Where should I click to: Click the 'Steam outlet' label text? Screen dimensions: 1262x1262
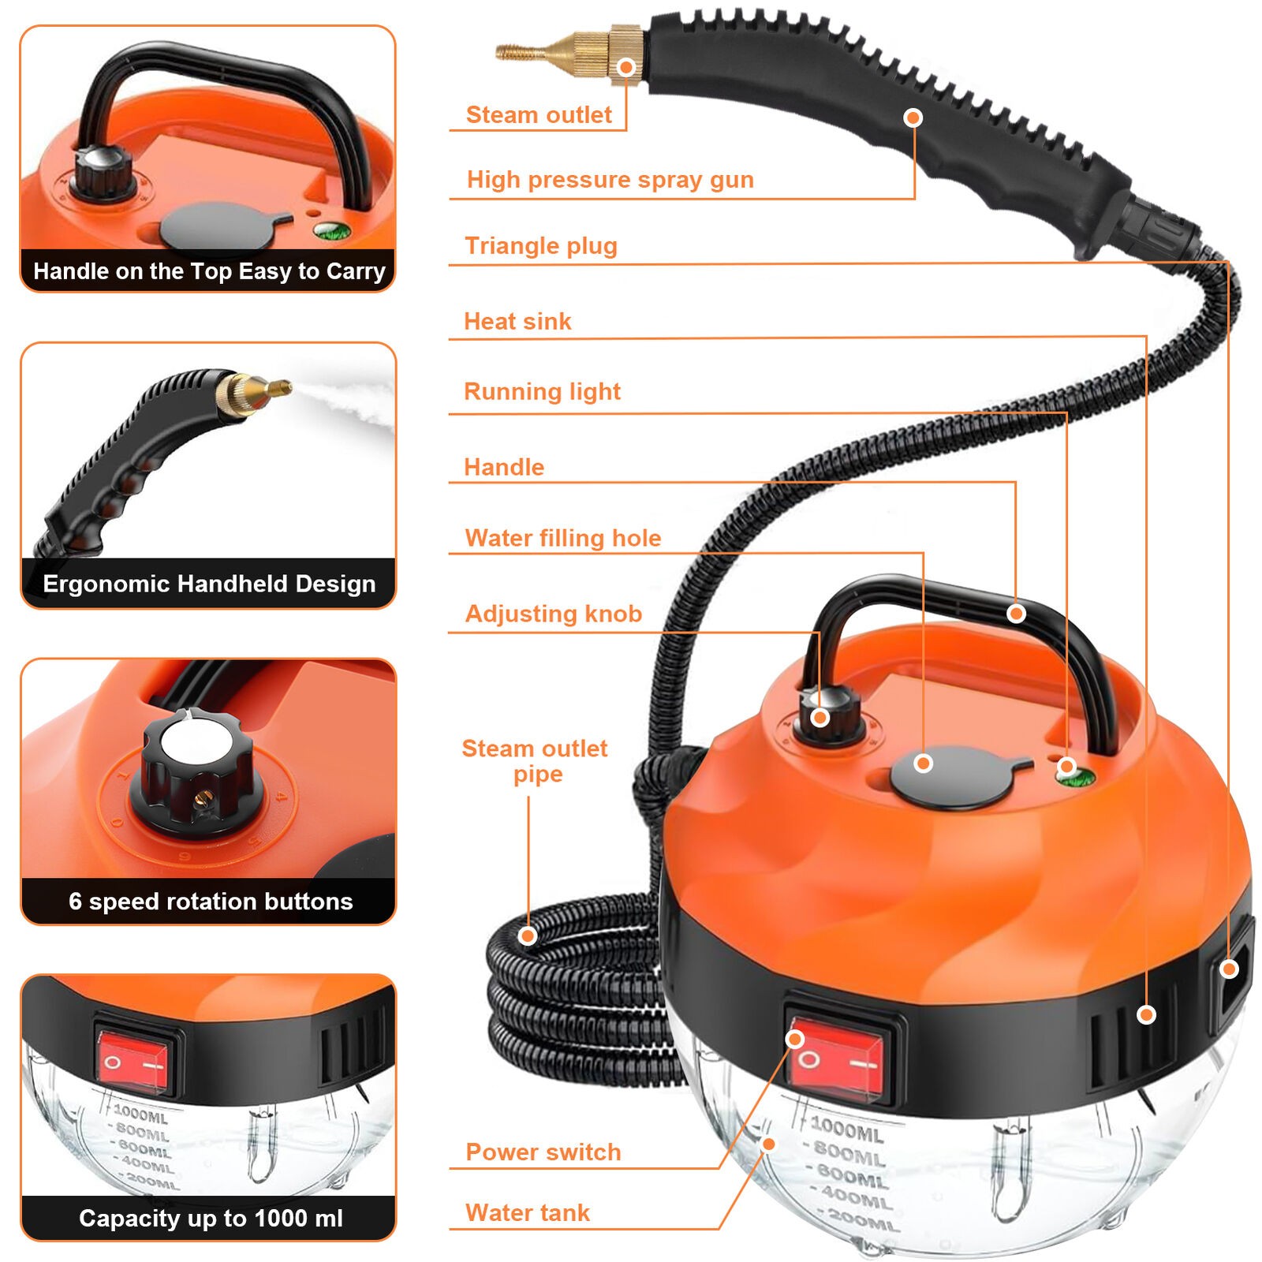point(539,115)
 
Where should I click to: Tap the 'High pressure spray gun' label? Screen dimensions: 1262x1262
point(610,180)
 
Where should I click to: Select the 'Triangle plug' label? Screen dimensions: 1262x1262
point(541,246)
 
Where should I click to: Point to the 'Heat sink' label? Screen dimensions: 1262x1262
point(517,322)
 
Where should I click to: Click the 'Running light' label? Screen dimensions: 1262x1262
point(542,392)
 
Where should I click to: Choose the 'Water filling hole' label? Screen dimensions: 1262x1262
point(563,538)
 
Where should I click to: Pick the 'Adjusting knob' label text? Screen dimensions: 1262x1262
point(553,614)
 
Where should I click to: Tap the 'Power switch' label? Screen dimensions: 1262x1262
point(543,1152)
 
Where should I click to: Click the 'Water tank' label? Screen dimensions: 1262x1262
point(527,1213)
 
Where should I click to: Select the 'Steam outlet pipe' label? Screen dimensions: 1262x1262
point(536,760)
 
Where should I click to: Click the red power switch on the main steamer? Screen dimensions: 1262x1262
point(837,1059)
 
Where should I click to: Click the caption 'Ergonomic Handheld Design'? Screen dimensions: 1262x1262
point(209,584)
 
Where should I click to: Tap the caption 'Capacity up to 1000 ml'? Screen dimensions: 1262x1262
point(211,1219)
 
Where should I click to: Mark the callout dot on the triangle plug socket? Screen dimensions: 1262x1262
point(1229,969)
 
